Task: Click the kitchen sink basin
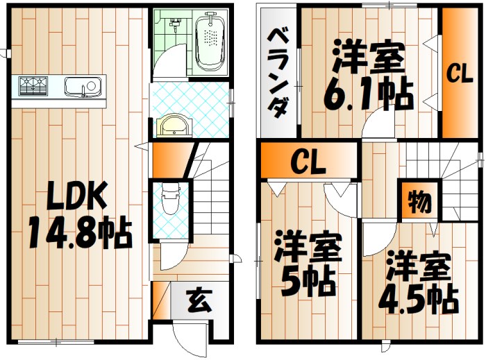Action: (81, 87)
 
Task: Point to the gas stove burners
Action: (32, 86)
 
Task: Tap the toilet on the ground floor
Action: (169, 201)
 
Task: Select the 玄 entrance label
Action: (197, 303)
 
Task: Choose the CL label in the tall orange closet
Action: (459, 73)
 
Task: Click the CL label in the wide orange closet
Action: (308, 164)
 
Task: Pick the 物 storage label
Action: (417, 203)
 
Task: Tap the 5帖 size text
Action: (307, 281)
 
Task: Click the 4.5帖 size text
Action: (417, 298)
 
